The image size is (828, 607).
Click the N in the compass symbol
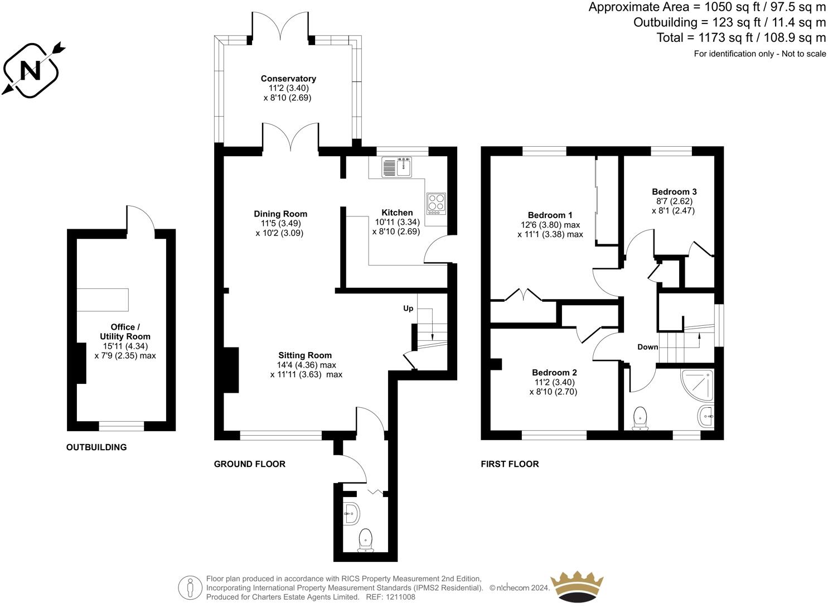[x=30, y=70]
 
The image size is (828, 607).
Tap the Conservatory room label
[x=288, y=79]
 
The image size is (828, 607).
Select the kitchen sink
[x=398, y=167]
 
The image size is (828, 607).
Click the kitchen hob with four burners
[x=436, y=204]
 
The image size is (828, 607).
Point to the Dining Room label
[x=280, y=214]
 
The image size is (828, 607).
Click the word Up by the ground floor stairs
[x=408, y=309]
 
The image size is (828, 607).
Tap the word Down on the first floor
[x=647, y=347]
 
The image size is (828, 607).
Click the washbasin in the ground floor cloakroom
[x=351, y=514]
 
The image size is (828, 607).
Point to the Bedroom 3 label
[x=674, y=191]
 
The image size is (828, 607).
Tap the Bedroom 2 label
[x=554, y=373]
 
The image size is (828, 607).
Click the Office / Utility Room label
[x=125, y=332]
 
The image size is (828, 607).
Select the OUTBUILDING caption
[x=96, y=447]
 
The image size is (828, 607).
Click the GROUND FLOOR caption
[x=250, y=464]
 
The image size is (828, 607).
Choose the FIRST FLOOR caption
[x=510, y=464]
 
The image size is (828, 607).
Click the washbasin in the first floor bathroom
[x=706, y=416]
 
